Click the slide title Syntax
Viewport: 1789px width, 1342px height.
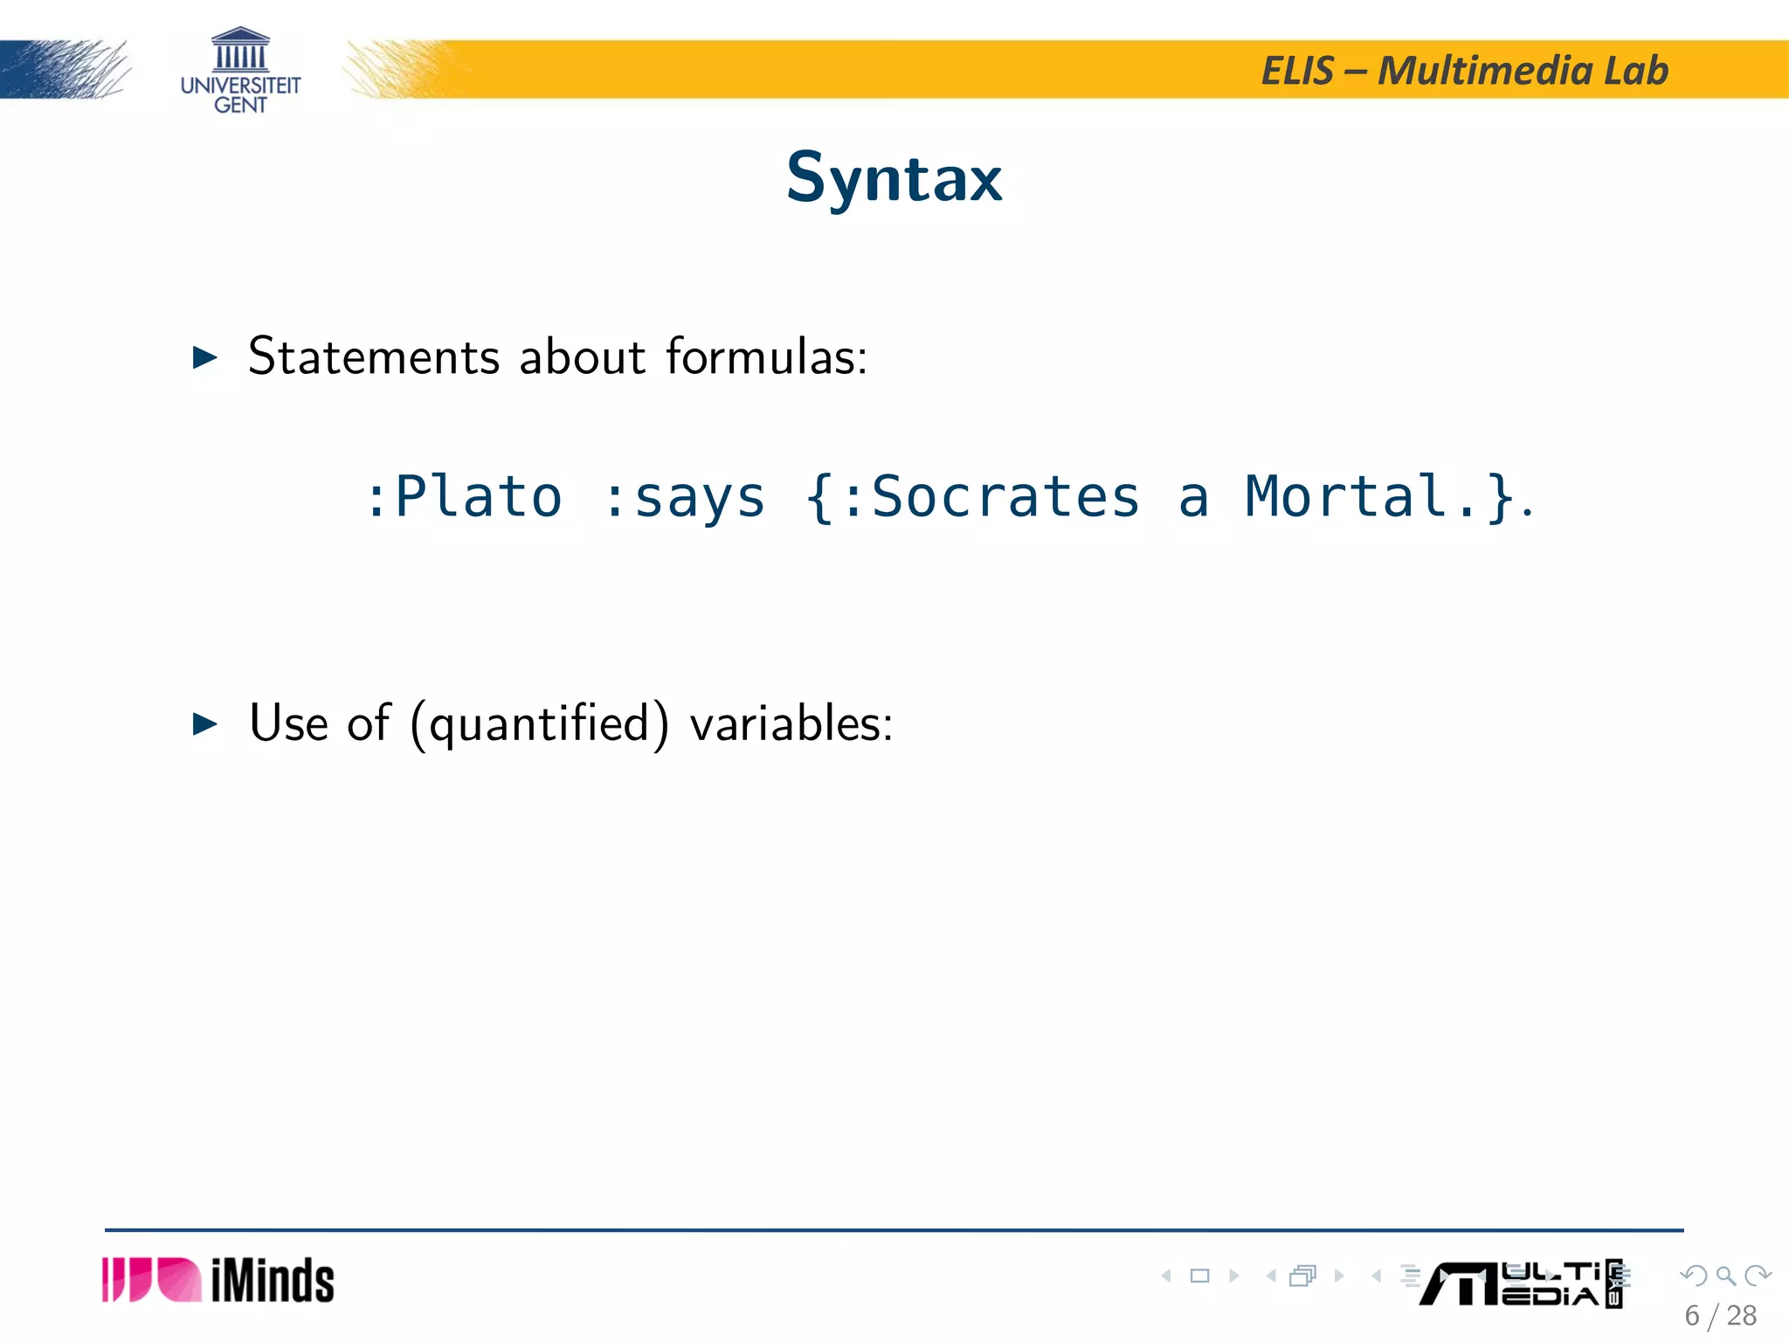click(894, 178)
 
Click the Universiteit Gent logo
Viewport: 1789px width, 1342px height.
click(240, 71)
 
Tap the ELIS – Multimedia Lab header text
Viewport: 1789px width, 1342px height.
click(1465, 71)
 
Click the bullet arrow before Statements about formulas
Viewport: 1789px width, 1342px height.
click(204, 357)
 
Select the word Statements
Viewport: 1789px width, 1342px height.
click(374, 357)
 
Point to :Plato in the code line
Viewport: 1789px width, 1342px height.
click(464, 497)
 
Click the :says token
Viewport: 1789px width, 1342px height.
click(684, 497)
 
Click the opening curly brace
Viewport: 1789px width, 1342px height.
click(819, 497)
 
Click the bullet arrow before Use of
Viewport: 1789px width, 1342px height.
click(204, 724)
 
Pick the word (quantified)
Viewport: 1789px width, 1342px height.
click(539, 724)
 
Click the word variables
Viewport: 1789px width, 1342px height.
click(790, 724)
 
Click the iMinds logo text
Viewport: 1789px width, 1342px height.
click(273, 1281)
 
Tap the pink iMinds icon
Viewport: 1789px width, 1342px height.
click(151, 1281)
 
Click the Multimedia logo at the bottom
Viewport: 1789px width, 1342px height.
click(1520, 1283)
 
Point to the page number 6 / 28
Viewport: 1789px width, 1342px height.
click(1720, 1316)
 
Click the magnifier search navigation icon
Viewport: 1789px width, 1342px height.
click(1725, 1276)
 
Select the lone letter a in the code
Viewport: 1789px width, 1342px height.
click(1193, 497)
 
